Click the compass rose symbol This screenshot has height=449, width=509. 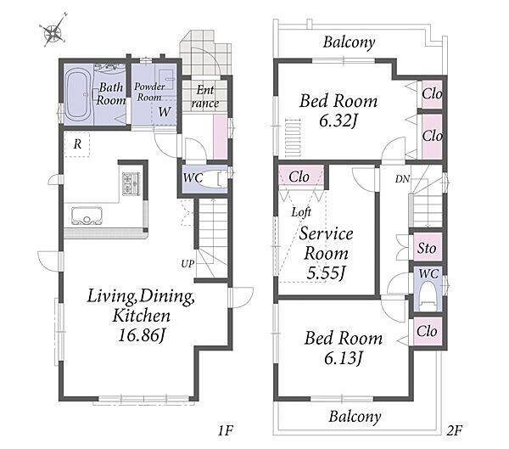53,31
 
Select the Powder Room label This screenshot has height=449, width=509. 149,92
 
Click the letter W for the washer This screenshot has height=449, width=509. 165,112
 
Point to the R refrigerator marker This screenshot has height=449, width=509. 77,144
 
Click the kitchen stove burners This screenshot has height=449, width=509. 131,184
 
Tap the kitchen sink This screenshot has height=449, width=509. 87,216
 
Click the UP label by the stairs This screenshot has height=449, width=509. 187,264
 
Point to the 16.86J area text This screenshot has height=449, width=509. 142,335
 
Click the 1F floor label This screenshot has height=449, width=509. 226,431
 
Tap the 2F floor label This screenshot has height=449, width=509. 454,431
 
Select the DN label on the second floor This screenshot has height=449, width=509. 402,179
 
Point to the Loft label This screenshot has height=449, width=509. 301,212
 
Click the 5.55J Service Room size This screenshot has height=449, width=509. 326,273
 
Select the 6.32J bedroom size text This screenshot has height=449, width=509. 338,121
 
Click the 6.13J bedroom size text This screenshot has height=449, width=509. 343,359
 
